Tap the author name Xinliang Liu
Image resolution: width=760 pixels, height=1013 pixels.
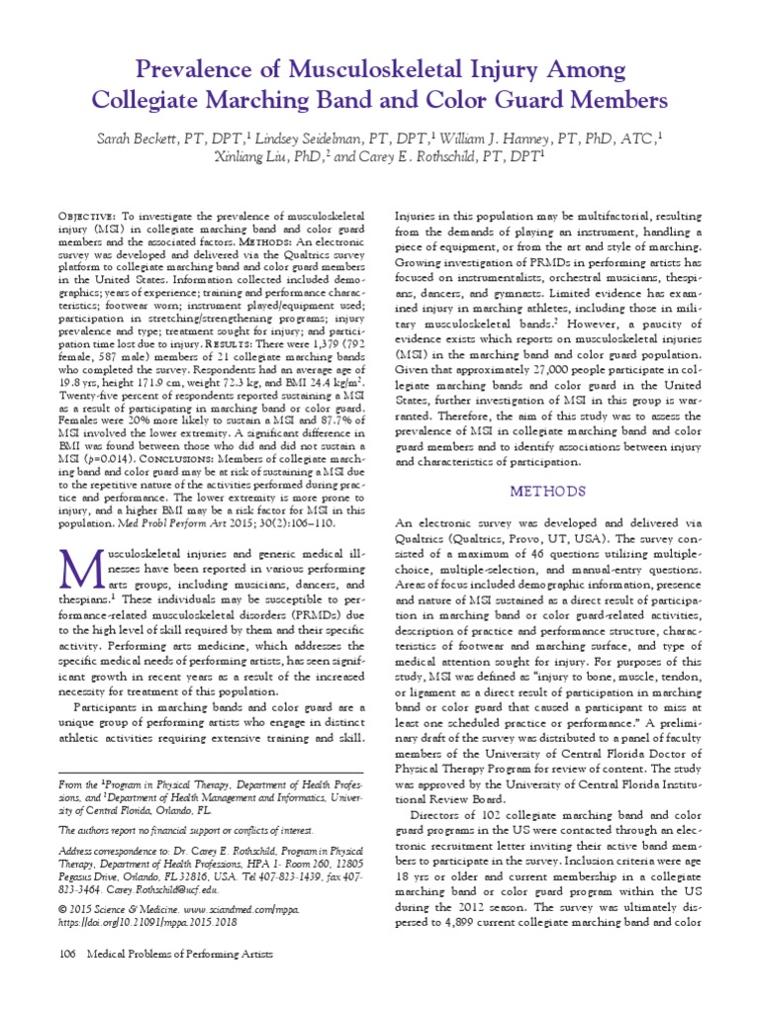tap(255, 156)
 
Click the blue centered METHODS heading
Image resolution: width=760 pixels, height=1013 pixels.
tap(548, 491)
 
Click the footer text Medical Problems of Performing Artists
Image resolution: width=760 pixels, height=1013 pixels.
tap(179, 980)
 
